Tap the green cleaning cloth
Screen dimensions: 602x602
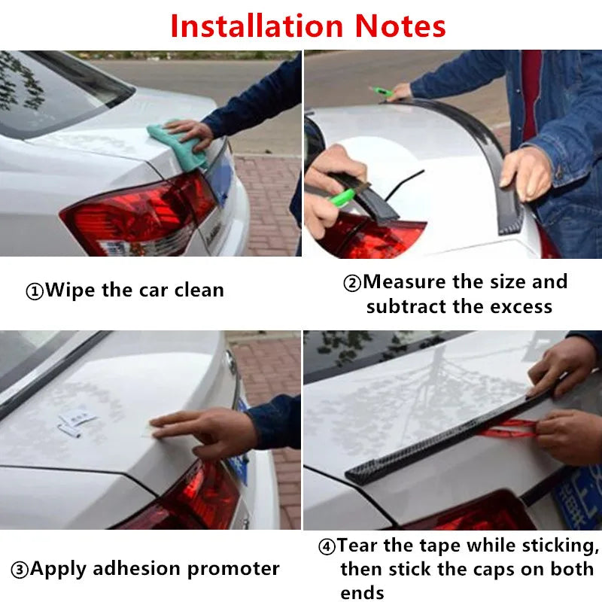(178, 145)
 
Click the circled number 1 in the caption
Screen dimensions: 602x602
(35, 291)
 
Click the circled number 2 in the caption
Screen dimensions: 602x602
(352, 283)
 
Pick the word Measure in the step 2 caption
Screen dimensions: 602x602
(405, 282)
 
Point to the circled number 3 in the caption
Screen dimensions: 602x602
(20, 570)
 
